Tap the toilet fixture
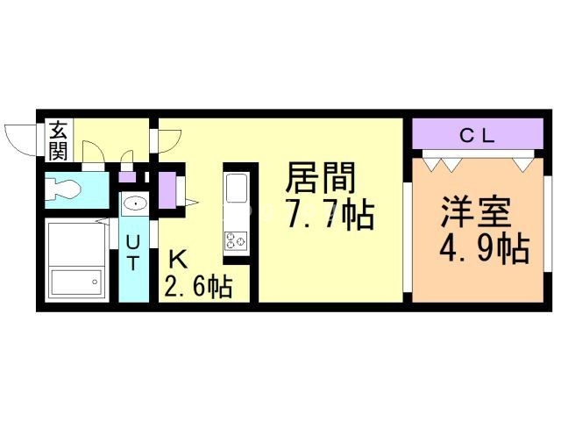click(68, 188)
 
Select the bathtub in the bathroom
click(75, 260)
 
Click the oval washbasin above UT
click(135, 204)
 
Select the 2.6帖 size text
click(198, 286)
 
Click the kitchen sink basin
click(237, 189)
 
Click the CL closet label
click(478, 136)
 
